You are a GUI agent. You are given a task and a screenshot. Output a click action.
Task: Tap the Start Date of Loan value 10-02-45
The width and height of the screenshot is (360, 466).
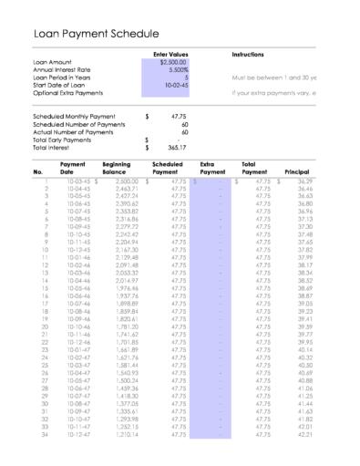[175, 86]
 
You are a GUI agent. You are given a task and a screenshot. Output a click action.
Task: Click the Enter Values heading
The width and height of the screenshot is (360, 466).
[171, 55]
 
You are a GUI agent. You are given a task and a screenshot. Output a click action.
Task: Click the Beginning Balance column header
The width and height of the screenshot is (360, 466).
[116, 167]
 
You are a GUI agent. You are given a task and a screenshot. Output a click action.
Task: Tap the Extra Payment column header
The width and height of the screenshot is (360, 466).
[211, 167]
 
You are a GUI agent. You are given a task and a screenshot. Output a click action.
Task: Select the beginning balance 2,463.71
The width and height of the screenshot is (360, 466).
[118, 187]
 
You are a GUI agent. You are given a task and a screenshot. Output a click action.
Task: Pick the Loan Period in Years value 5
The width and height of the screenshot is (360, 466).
[186, 78]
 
